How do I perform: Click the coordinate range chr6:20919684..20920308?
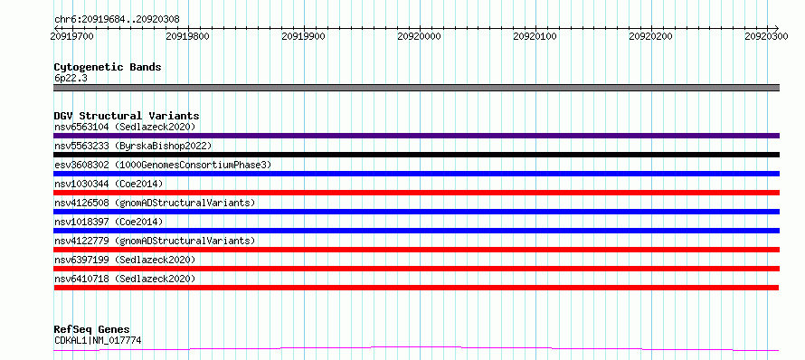(117, 20)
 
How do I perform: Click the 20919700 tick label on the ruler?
(72, 36)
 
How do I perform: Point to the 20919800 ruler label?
(188, 36)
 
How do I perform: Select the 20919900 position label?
(304, 36)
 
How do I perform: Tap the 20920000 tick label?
(420, 36)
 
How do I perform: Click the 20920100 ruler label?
(535, 36)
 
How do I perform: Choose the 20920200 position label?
(651, 36)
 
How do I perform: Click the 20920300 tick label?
(767, 36)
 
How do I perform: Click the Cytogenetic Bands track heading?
(108, 67)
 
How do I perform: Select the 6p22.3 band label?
(70, 78)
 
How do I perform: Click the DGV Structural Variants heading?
(127, 116)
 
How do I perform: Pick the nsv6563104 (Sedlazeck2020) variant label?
(125, 127)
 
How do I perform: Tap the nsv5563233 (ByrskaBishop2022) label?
(133, 146)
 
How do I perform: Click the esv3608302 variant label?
(163, 165)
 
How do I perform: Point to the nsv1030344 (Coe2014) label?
(109, 184)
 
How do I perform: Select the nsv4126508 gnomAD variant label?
(155, 203)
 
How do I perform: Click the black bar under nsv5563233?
(416, 155)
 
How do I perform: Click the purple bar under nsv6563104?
(416, 136)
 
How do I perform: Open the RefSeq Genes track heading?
(92, 329)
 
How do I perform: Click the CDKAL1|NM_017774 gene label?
(98, 340)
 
